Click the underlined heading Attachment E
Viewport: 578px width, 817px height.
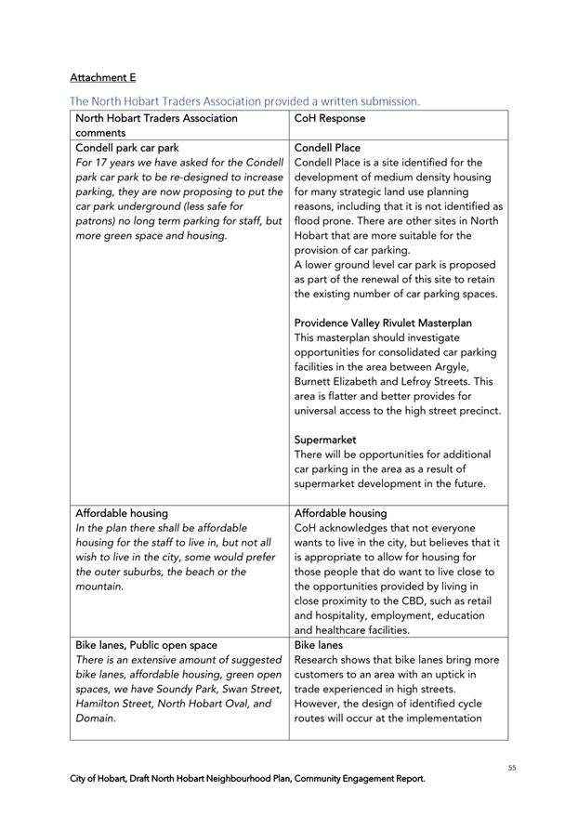tap(102, 76)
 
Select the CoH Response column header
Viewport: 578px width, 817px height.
tap(330, 118)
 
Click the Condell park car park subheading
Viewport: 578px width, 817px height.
tap(127, 148)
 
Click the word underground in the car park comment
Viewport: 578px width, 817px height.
tap(152, 206)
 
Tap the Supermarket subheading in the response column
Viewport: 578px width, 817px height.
tap(325, 440)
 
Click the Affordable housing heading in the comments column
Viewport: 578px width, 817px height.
tap(122, 513)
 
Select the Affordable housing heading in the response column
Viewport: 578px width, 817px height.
tap(341, 513)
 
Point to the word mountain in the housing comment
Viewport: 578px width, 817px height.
tap(99, 586)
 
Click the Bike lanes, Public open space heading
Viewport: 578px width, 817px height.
tap(146, 645)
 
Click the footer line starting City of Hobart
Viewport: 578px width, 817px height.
tap(248, 779)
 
